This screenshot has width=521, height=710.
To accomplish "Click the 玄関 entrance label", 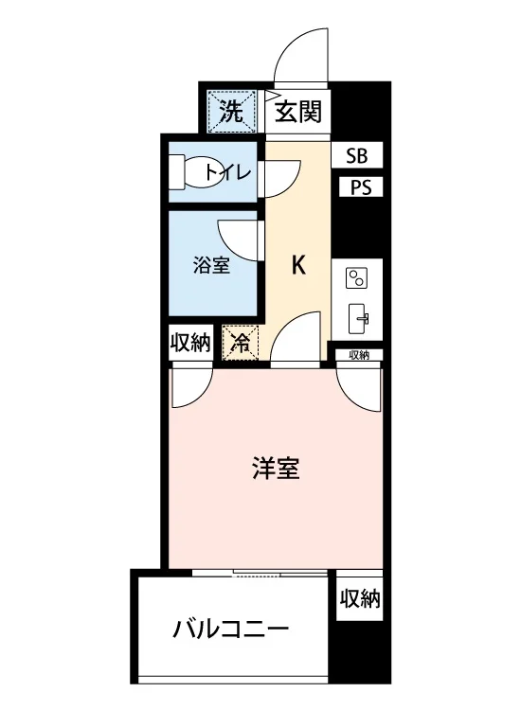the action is (x=298, y=112).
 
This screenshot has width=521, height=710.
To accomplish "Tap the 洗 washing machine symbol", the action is (x=232, y=111).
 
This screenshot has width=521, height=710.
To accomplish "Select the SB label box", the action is (x=357, y=155).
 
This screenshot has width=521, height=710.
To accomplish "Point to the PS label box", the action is (x=361, y=187).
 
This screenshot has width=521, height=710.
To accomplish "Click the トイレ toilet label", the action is (x=228, y=172).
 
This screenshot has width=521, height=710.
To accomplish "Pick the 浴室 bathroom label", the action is (x=211, y=265).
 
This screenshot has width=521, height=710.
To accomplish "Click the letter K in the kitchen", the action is (x=298, y=265).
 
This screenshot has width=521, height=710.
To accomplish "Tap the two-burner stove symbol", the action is (x=356, y=278).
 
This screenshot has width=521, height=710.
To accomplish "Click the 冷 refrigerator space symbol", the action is (x=240, y=343).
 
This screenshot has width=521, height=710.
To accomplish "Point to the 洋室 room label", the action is (x=276, y=469).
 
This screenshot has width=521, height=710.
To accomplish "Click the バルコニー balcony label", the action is (x=230, y=630).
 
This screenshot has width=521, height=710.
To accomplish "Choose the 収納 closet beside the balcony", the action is (x=360, y=598).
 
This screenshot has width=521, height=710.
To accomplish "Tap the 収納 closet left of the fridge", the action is (x=190, y=343).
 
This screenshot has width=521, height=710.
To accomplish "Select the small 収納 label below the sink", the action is (x=359, y=355).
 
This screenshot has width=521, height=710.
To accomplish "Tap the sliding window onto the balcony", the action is (x=260, y=573).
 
